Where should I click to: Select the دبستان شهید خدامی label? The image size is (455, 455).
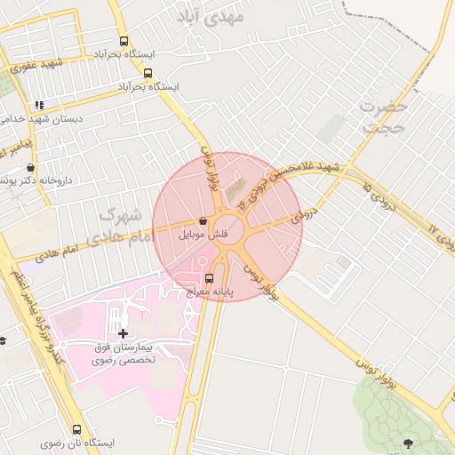coord(43,118)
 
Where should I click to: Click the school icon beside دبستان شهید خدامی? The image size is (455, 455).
coord(39,105)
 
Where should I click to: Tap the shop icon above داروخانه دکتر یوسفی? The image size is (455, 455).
coord(32,167)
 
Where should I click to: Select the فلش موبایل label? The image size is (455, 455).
coord(204,235)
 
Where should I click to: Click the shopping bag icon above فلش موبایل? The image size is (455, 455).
coord(205,221)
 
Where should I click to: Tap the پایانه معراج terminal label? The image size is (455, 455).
coord(210,291)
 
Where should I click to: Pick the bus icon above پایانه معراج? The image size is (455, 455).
coord(209,278)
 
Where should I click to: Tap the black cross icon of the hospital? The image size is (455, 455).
coord(123,333)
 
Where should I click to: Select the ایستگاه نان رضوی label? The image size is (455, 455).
coord(77,443)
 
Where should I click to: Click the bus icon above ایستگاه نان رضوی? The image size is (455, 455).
coord(76,429)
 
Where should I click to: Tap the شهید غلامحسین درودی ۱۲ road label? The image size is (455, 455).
coord(295,179)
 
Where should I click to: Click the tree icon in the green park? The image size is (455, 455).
coord(409,443)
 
